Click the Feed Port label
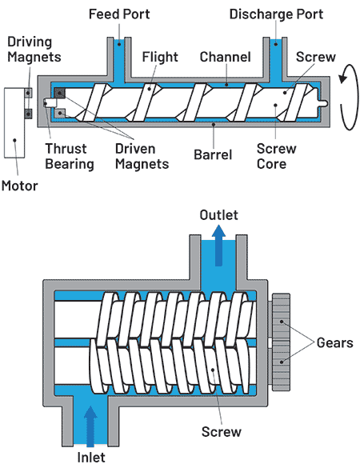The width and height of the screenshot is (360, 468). point(119,14)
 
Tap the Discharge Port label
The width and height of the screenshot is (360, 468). point(276,14)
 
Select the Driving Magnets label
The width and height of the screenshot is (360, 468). point(34,50)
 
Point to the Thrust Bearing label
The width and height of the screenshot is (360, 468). point(70,156)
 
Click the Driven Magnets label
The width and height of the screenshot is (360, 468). point(142,156)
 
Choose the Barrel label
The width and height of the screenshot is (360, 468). point(213,154)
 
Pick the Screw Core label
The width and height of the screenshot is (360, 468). point(277,156)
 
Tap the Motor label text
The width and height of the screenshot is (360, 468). point(20,186)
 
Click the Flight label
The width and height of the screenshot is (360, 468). point(160,57)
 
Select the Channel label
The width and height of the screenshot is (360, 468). point(225,57)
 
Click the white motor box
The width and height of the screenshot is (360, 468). point(14,122)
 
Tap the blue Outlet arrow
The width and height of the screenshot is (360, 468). point(219,246)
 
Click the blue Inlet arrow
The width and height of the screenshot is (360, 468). point(90,426)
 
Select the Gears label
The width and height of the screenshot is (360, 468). point(334,342)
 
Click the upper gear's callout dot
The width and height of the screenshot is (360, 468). point(281,322)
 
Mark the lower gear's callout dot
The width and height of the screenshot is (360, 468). point(281,362)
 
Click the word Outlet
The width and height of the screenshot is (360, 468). point(219,215)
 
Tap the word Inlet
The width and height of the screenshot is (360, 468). point(91,458)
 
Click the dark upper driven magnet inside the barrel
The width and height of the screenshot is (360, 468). point(60,93)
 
